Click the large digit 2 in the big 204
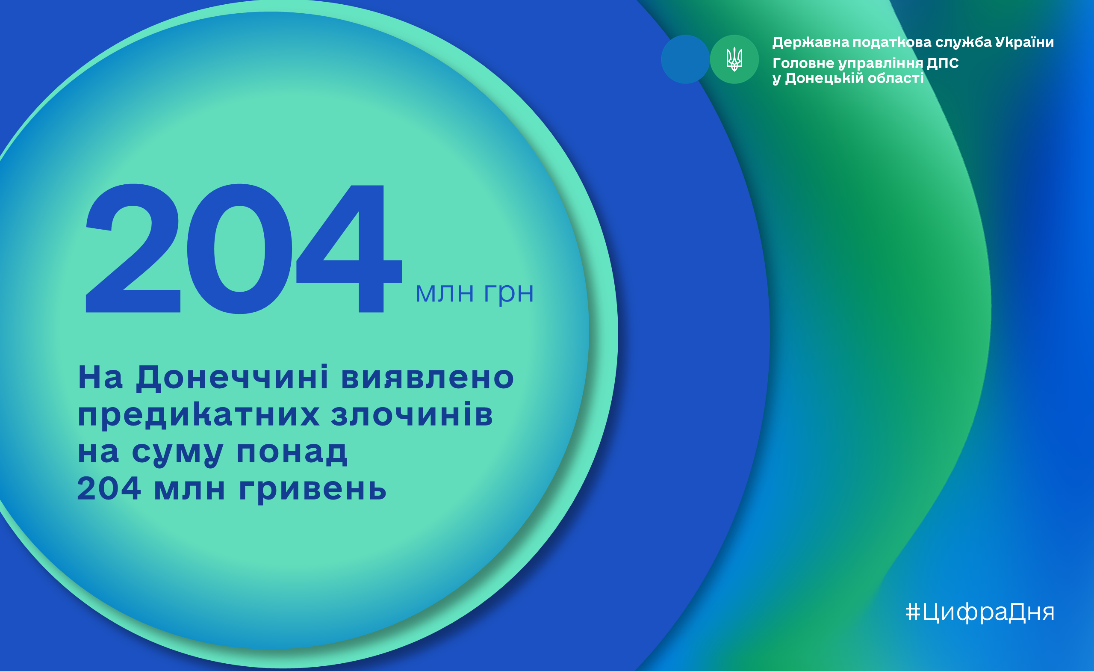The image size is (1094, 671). tap(133, 248)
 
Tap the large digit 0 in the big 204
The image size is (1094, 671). tap(240, 248)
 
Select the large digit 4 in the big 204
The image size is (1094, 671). tap(349, 248)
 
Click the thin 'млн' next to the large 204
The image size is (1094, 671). tap(445, 293)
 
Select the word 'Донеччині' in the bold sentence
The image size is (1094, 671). tap(232, 378)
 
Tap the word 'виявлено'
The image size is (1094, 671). tap(428, 378)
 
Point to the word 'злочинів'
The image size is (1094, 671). tap(412, 414)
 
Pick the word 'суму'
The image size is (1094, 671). tap(177, 453)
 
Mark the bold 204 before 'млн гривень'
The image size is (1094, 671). tap(109, 488)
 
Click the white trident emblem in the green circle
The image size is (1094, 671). tap(734, 59)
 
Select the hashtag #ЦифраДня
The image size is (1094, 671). tap(980, 612)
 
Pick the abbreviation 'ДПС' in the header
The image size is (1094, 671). tap(943, 63)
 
